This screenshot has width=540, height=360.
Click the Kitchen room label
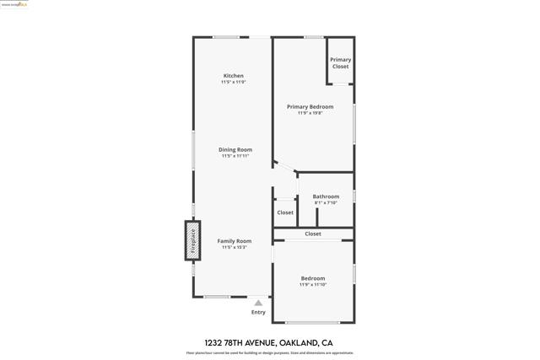234,76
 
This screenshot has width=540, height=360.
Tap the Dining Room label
235,150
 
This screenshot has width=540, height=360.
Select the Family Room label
235,241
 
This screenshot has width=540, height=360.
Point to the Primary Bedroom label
310,107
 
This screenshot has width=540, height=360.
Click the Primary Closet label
340,62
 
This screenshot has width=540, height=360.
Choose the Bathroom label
326,196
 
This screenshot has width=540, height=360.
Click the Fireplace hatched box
192,240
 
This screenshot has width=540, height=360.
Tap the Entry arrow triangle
258,303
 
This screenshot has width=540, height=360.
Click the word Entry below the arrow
258,312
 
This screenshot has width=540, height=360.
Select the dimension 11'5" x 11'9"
234,82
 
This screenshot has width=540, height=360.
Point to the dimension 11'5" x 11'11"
235,156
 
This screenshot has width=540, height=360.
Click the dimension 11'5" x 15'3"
235,247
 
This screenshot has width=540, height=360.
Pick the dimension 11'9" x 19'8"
310,113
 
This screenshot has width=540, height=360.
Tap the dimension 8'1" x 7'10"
326,202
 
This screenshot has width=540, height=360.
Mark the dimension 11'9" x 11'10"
313,284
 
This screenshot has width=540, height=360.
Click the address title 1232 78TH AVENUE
258,342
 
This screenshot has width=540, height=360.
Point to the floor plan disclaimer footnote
270,353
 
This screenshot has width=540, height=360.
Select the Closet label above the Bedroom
313,234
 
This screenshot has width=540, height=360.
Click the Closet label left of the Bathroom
285,212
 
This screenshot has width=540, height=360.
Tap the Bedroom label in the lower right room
313,278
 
